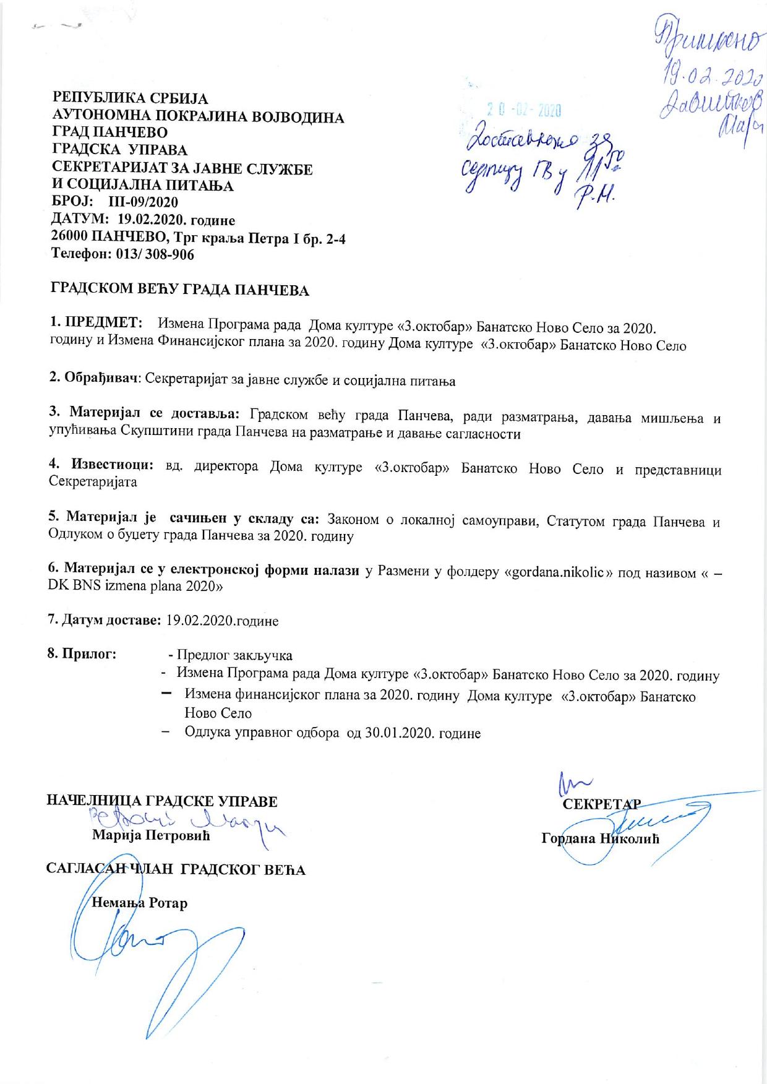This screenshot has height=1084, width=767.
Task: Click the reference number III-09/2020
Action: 143,202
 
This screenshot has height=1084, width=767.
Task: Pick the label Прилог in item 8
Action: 83,654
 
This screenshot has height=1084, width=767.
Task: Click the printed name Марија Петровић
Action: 151,836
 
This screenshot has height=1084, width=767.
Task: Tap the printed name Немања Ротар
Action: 139,902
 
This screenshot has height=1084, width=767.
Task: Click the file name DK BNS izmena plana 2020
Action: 133,587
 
